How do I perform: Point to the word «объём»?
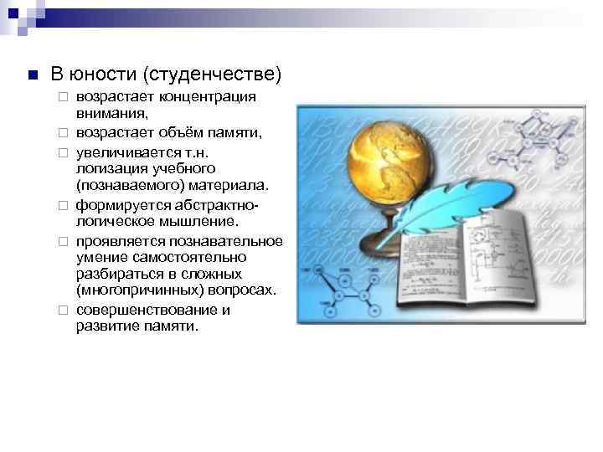point(183,133)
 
